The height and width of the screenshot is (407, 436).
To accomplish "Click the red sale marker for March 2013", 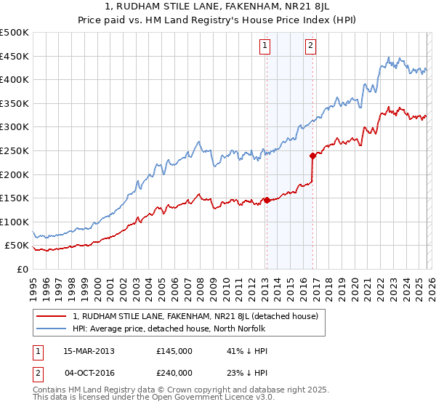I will coord(267,200).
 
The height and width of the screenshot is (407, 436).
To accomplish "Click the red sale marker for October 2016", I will coord(312,155).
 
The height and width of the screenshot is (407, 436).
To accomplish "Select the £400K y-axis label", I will coord(15,79).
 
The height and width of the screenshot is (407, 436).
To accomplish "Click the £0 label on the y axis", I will coord(22,269).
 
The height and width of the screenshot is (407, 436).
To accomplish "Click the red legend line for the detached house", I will coord(51,316).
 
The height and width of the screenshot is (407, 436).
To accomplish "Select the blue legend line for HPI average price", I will coord(51,329).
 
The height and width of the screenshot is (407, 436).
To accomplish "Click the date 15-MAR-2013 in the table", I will coord(88,351).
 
